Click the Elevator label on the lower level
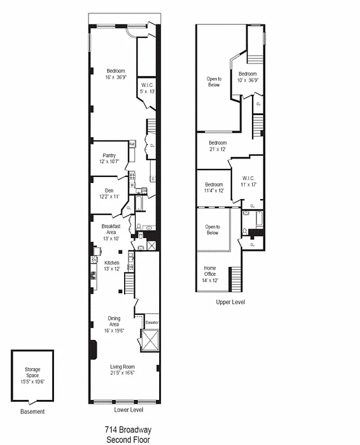152,323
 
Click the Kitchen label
112,263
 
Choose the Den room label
109,190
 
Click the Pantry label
109,155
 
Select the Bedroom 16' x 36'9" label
116,71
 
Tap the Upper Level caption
230,302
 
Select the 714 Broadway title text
127,430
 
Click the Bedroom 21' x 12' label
218,143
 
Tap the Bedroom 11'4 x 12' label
214,185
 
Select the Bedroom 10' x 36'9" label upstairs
248,74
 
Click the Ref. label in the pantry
132,144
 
